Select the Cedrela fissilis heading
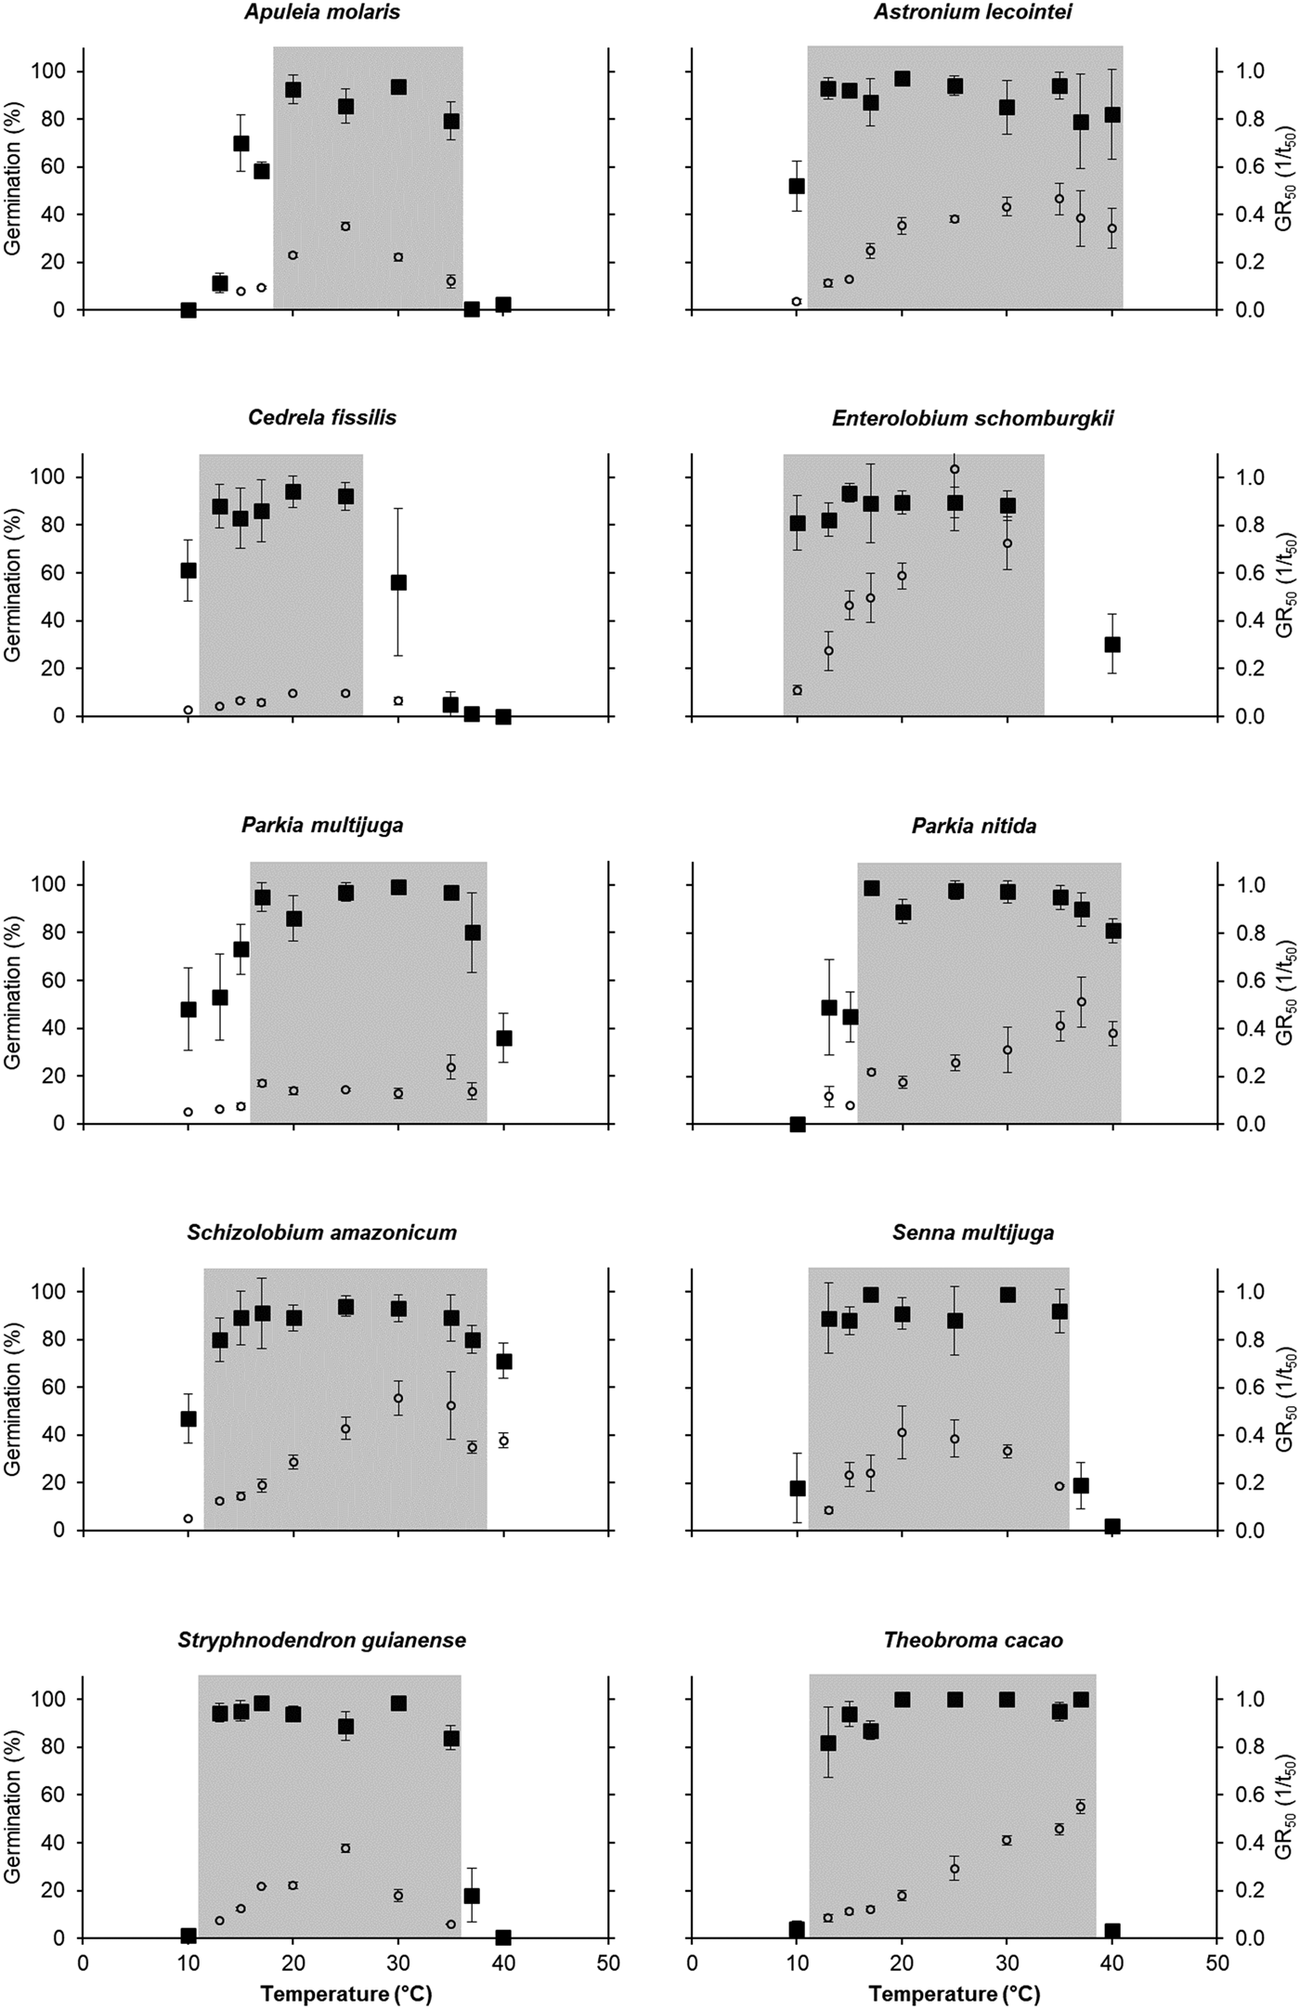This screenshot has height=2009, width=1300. pos(322,418)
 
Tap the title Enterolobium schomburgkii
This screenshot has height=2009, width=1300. pos(972,418)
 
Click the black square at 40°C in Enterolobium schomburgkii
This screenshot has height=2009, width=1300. pos(1112,645)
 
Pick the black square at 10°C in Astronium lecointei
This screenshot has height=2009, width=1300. pos(796,186)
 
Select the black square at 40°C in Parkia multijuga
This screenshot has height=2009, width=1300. pos(504,1038)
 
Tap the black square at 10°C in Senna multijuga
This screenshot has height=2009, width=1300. pos(797,1488)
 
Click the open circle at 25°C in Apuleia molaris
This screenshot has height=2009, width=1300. pos(345,227)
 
